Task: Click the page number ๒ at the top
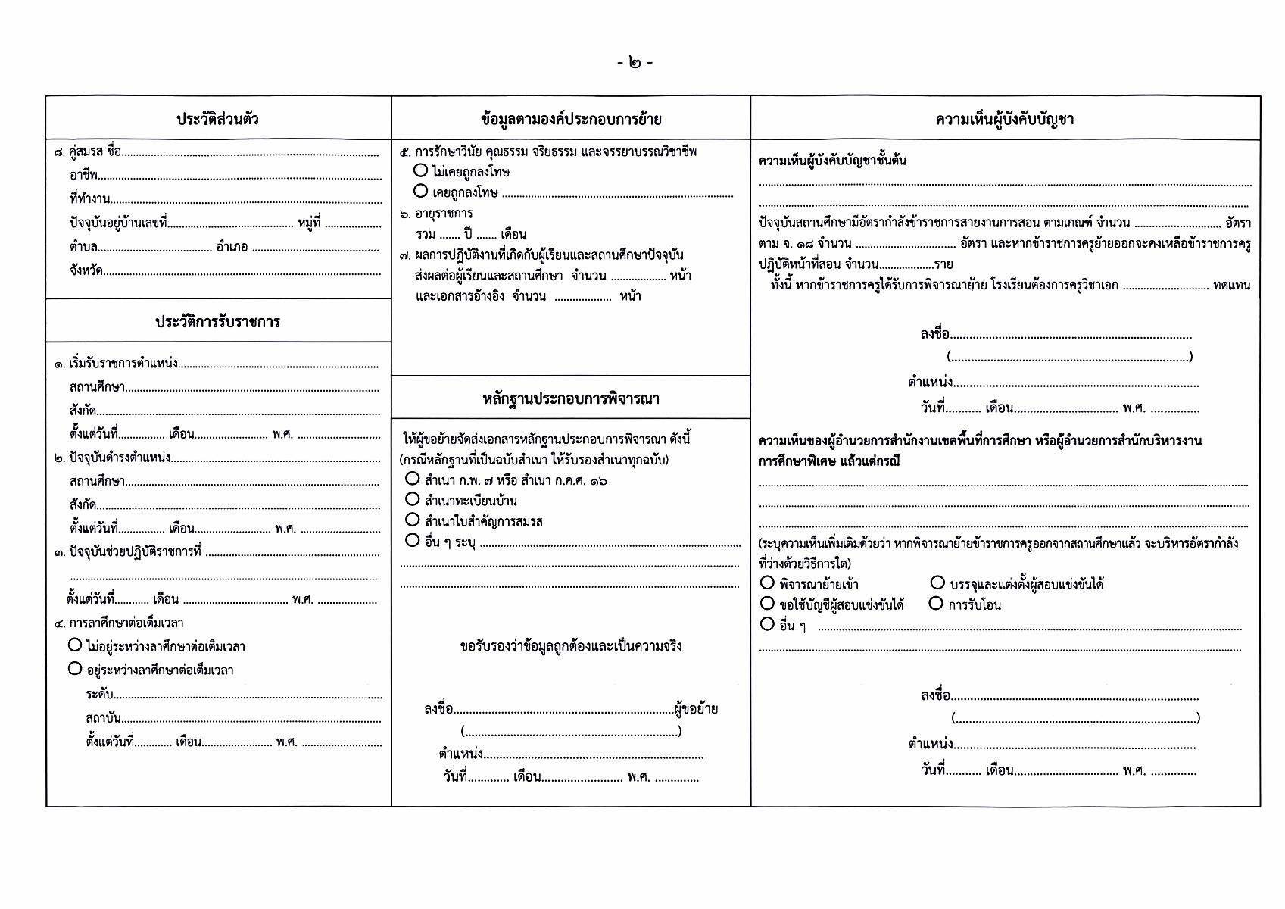(634, 63)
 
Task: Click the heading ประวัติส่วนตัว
(218, 119)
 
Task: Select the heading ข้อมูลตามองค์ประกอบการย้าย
(571, 119)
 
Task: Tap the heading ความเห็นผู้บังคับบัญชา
(1005, 119)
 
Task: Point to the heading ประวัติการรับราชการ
(218, 321)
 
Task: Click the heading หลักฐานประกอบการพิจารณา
(571, 398)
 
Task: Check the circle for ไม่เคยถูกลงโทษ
(421, 171)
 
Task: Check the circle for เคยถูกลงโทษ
(421, 191)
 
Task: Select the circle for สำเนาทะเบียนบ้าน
(413, 499)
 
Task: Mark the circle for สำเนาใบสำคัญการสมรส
(413, 520)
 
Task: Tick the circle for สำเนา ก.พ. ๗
(413, 479)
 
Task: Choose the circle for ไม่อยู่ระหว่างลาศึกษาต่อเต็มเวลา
(75, 645)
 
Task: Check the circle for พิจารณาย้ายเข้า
(767, 583)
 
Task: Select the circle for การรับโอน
(936, 604)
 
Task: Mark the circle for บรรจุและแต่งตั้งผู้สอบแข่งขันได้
(937, 583)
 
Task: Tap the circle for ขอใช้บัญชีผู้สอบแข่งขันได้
(767, 604)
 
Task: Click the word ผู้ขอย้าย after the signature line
(695, 709)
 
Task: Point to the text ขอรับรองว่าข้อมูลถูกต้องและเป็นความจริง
(571, 646)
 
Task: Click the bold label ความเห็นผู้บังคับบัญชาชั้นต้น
(832, 161)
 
